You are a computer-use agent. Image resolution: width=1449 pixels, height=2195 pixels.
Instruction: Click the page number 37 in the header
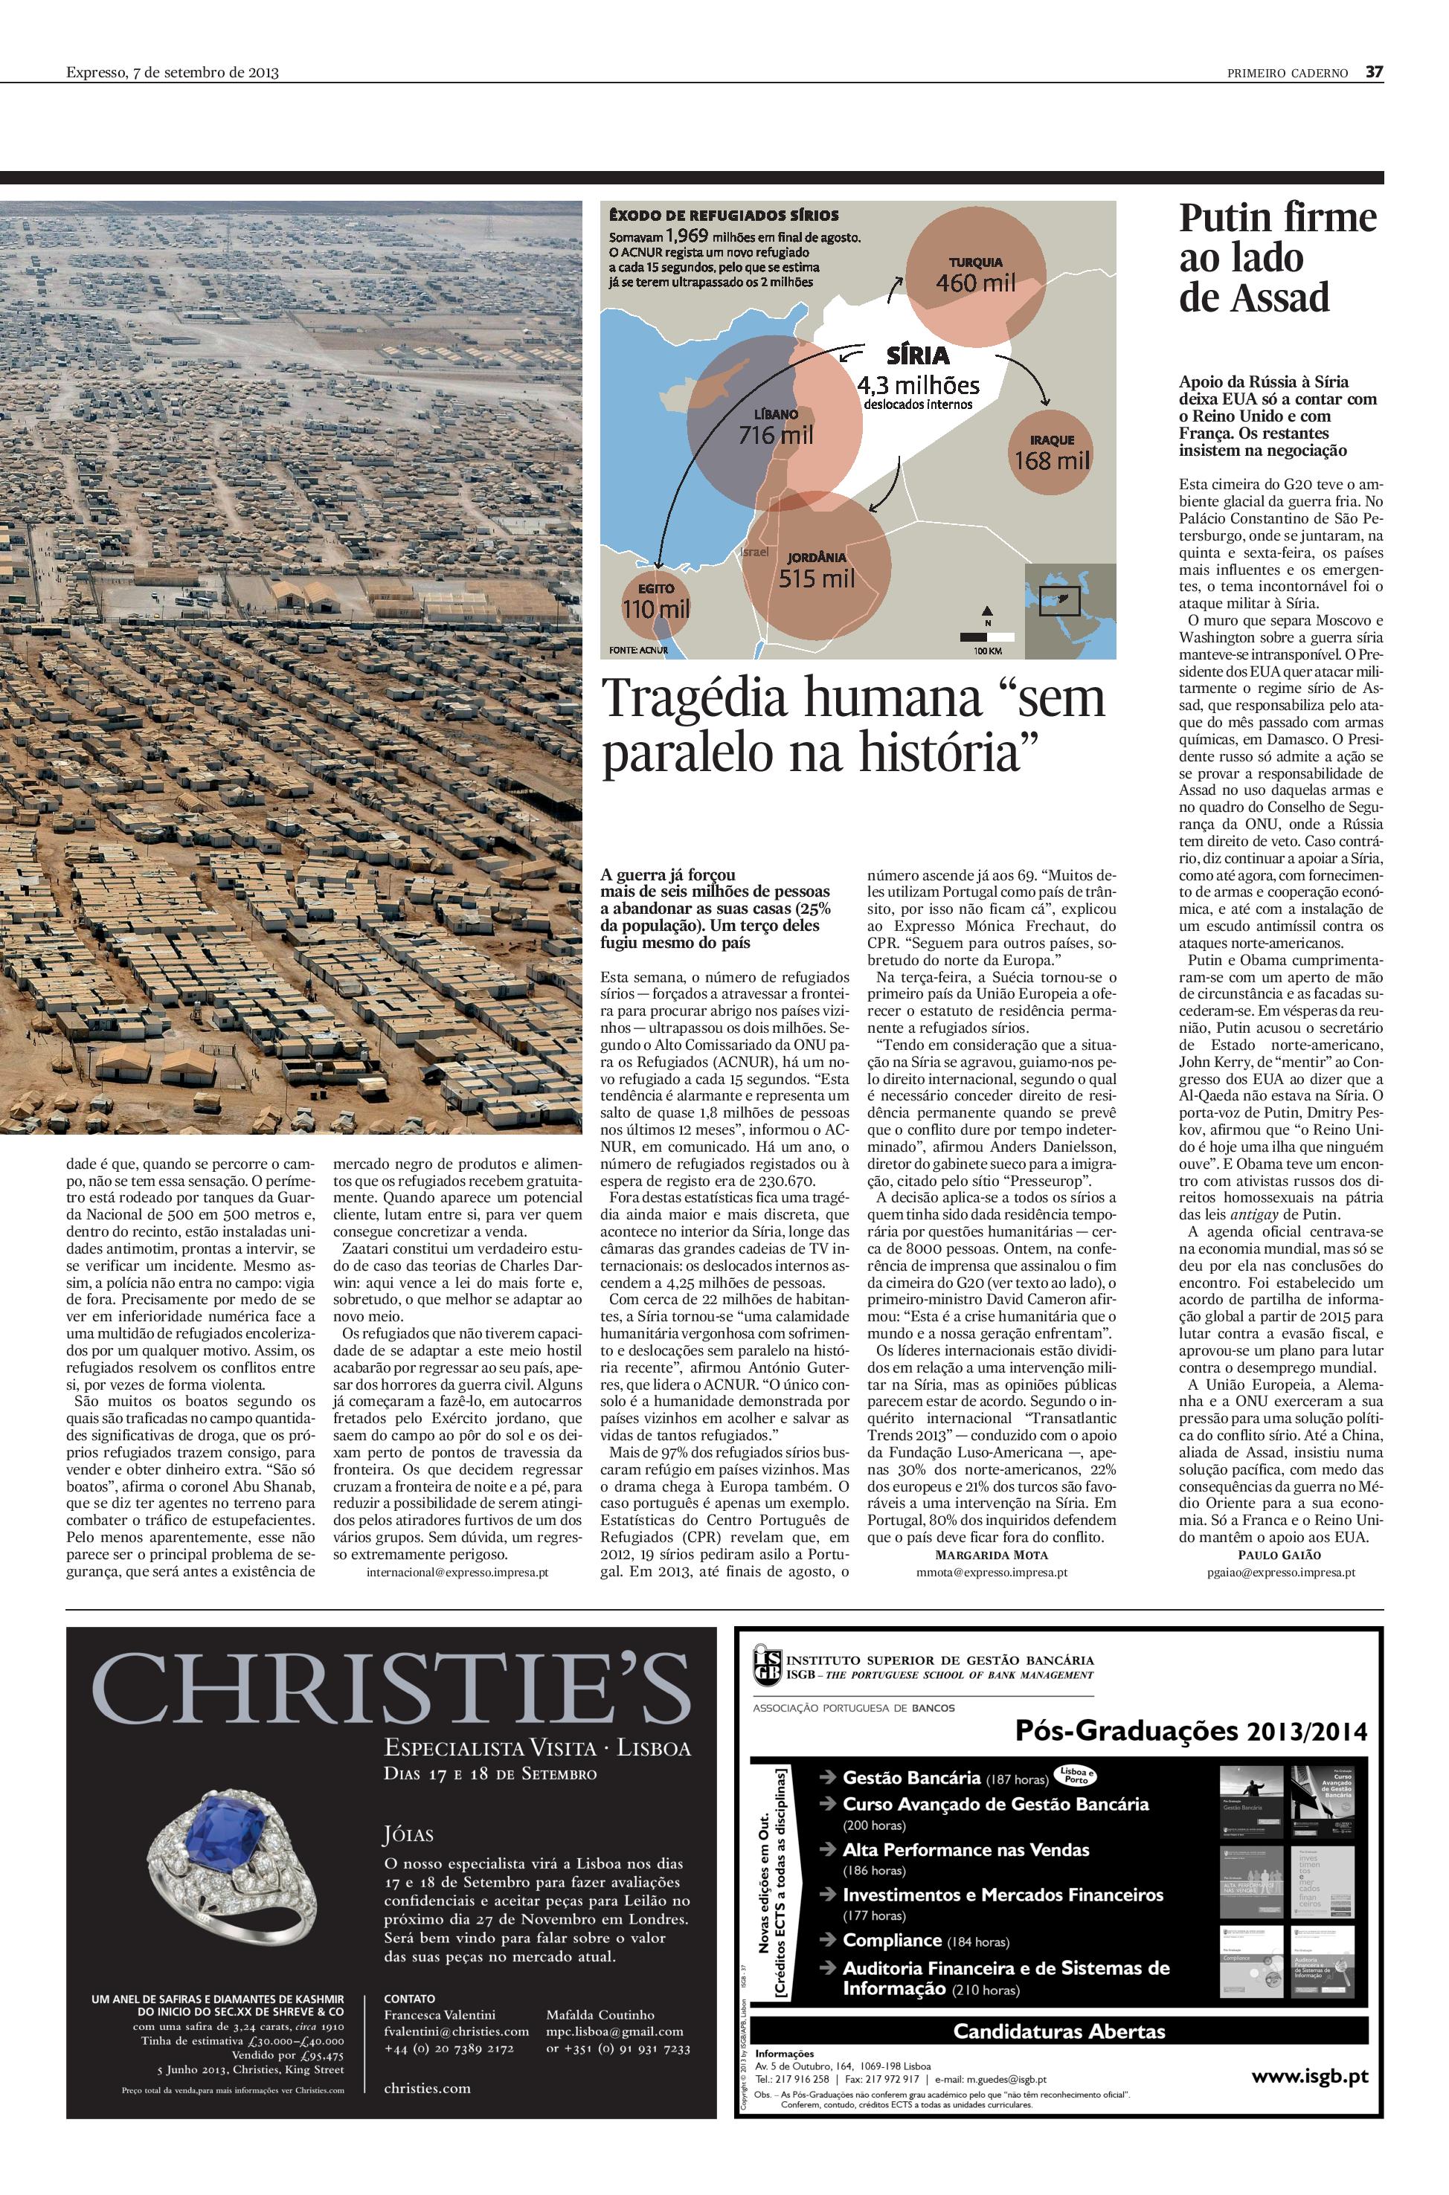(1374, 72)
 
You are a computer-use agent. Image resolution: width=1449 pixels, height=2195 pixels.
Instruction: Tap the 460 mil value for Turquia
(975, 283)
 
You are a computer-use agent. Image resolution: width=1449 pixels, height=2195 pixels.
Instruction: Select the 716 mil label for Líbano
(777, 433)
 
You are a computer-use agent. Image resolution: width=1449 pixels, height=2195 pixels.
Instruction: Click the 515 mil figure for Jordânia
(816, 578)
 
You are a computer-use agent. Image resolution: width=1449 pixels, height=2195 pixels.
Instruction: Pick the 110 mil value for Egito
(655, 609)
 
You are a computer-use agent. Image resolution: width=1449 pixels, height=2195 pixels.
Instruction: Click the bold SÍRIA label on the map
(916, 355)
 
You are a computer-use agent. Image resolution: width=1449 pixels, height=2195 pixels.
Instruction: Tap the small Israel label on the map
(755, 552)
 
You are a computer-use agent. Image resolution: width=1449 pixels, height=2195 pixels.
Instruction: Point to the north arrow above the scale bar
(987, 611)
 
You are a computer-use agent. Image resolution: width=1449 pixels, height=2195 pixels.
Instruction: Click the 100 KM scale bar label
(987, 651)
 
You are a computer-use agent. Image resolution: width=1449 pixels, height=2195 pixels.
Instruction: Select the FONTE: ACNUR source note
(638, 651)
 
